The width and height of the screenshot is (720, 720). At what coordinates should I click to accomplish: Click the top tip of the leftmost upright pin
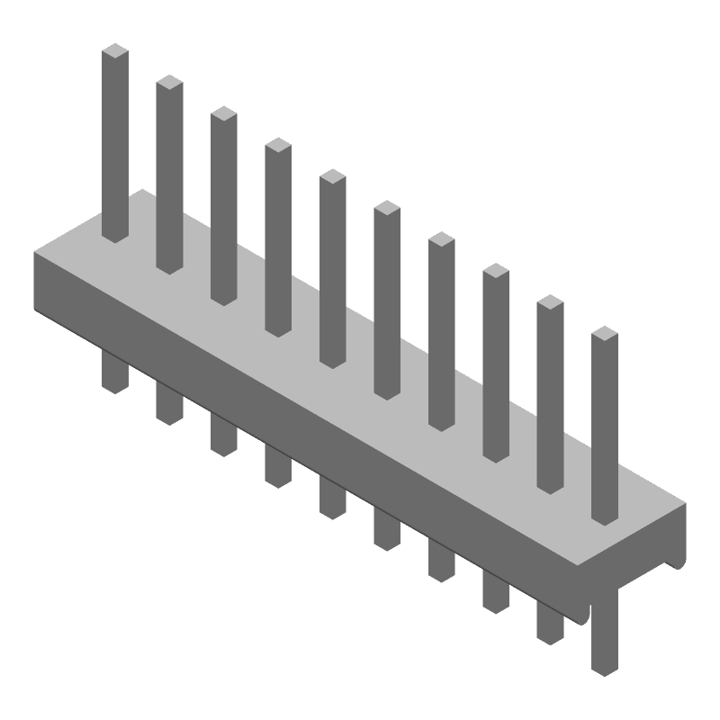click(x=114, y=52)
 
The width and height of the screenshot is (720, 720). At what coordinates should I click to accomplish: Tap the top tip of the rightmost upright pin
click(x=605, y=336)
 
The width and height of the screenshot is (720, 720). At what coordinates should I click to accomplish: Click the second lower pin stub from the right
click(x=550, y=623)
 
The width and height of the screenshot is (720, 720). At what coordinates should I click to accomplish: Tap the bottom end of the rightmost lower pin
click(x=605, y=670)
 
